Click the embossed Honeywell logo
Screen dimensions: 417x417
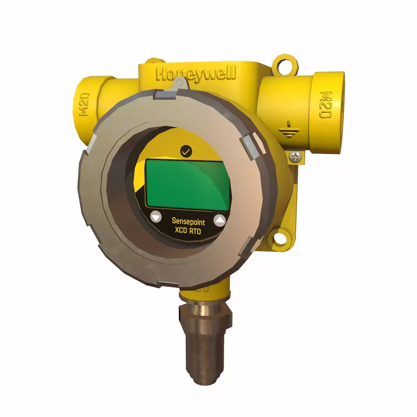click(x=196, y=75)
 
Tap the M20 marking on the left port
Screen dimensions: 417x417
click(x=84, y=104)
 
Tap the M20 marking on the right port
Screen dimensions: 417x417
click(x=325, y=105)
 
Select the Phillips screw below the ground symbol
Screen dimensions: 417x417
click(x=296, y=156)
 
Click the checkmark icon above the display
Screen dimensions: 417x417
click(x=186, y=152)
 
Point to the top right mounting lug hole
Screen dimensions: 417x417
click(x=285, y=65)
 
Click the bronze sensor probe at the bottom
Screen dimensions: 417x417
click(x=203, y=354)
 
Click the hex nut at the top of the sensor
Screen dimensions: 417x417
click(x=204, y=314)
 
